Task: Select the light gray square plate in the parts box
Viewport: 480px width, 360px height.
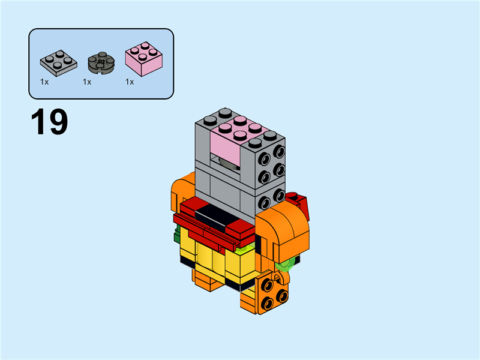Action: (x=58, y=61)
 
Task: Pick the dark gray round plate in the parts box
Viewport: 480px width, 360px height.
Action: (x=101, y=62)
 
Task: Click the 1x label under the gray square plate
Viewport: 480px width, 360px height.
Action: (x=44, y=82)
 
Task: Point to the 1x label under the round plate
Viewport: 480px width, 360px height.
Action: (x=87, y=82)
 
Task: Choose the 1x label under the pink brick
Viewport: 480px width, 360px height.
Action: (x=130, y=82)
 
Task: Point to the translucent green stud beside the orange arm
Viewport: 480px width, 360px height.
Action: (x=290, y=262)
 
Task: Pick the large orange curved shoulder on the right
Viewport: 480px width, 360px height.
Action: (x=287, y=231)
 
